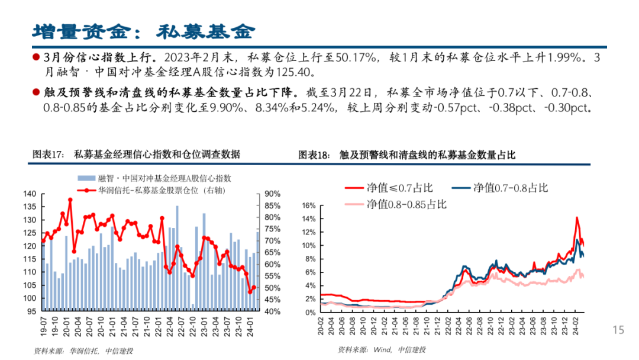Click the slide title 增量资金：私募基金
pos(143,30)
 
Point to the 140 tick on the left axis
pos(30,194)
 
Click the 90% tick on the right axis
pos(272,194)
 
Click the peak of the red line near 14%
pos(576,218)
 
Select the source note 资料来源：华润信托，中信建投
pos(83,351)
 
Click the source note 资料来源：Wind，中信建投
pos(382,350)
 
